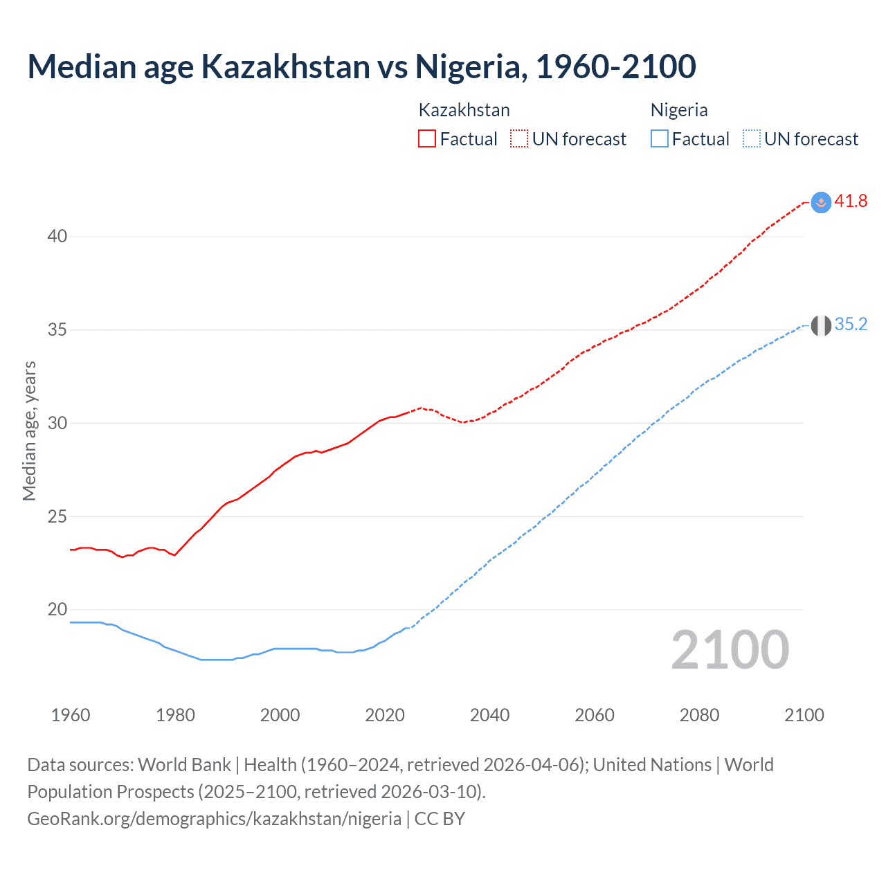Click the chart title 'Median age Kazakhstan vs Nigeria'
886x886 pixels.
[x=361, y=66]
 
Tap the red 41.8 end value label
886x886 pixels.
[x=851, y=201]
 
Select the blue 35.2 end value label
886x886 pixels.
[x=851, y=325]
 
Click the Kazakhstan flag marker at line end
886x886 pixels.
[x=821, y=202]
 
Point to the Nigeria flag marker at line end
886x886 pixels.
[x=821, y=325]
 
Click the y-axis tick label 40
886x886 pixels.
[x=57, y=237]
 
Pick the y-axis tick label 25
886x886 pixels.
[x=57, y=516]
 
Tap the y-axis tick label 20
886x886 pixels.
[x=57, y=610]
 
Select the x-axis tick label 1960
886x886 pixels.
[x=71, y=715]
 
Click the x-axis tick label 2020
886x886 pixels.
[x=385, y=715]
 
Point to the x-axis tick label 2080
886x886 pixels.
[x=699, y=715]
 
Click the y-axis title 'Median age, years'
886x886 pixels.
[x=29, y=431]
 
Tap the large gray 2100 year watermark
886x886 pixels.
[x=730, y=649]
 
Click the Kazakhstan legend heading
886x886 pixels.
[x=464, y=110]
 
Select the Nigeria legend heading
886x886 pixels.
[x=679, y=110]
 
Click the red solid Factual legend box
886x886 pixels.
[x=427, y=139]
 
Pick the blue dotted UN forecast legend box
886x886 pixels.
[x=752, y=139]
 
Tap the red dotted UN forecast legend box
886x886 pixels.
[x=519, y=139]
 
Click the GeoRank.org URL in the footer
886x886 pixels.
[x=214, y=819]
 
